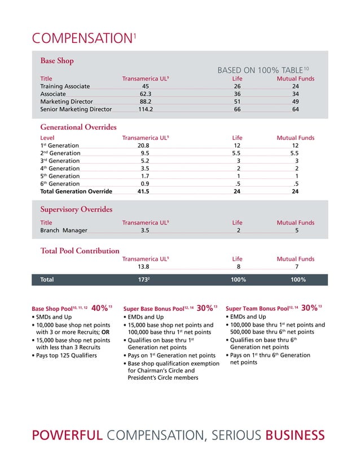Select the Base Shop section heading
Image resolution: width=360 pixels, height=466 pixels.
57,60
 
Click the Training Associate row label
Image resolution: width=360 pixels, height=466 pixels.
65,86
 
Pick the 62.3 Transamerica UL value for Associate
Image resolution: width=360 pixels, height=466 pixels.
145,94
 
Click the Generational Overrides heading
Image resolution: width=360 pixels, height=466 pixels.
78,127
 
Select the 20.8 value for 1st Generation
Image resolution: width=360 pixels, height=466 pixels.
143,146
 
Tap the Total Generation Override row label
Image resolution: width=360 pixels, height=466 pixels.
76,191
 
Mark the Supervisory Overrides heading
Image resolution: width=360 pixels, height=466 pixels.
76,209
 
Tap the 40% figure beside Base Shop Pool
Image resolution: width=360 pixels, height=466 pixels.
100,308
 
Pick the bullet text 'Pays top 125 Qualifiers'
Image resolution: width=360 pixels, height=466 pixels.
64,355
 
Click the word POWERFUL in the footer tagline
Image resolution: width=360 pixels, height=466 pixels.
68,435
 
